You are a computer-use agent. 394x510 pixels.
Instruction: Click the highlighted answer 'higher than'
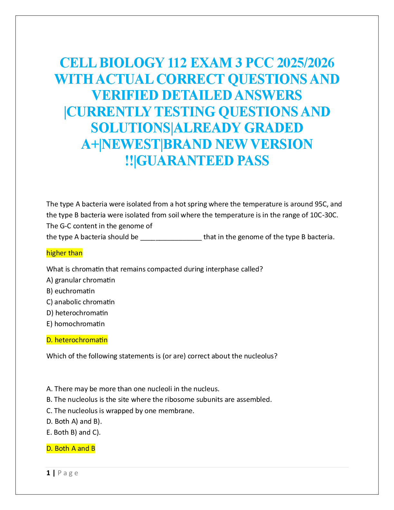tap(64, 253)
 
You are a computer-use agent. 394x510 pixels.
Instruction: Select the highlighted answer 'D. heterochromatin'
tap(77, 340)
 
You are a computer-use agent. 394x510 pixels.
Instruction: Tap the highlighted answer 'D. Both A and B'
tap(71, 449)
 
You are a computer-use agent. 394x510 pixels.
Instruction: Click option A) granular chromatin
tap(80, 280)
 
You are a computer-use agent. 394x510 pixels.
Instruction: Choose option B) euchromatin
tap(70, 291)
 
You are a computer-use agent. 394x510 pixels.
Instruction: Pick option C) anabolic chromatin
tap(80, 302)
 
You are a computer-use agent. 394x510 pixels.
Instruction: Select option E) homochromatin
tap(76, 324)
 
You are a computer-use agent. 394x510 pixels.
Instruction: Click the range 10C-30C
tap(324, 215)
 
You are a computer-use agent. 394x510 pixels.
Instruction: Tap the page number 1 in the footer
tap(48, 473)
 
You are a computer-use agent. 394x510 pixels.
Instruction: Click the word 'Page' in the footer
tap(68, 473)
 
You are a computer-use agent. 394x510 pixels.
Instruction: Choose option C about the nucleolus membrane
tap(120, 411)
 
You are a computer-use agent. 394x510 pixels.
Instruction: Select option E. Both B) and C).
tap(74, 432)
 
